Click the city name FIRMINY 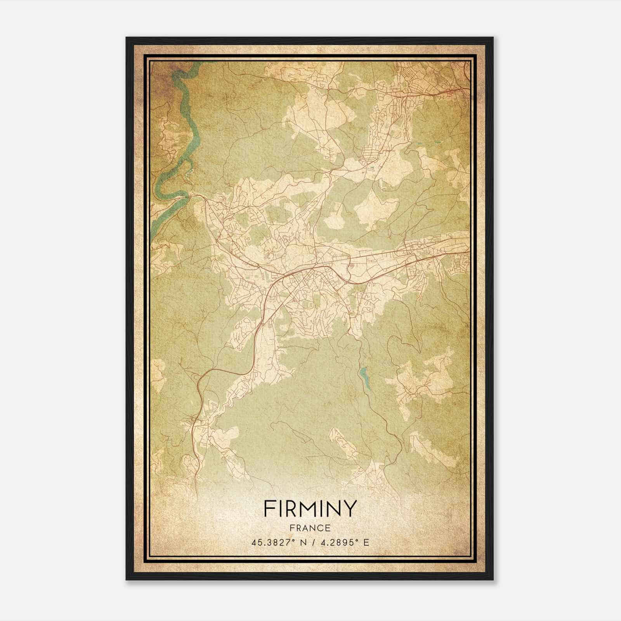310,508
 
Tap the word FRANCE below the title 310,528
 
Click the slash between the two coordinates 312,543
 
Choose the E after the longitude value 366,543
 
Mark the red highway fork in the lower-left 202,378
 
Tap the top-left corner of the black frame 127,38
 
